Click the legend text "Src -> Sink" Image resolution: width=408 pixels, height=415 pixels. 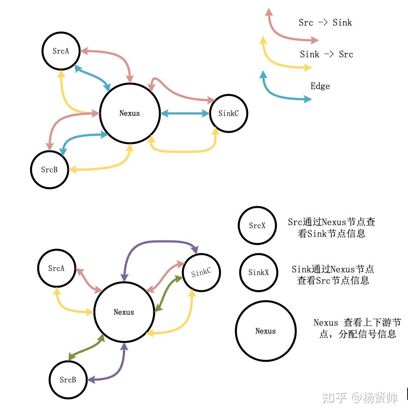(325, 23)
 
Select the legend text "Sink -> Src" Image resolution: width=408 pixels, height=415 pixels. (326, 54)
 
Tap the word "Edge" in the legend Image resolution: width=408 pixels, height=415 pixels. (320, 86)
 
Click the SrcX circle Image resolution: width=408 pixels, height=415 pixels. (257, 226)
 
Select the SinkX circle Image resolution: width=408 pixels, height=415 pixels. (259, 272)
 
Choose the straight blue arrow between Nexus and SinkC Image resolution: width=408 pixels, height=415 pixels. (185, 113)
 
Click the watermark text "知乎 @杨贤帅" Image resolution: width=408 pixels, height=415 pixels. (359, 398)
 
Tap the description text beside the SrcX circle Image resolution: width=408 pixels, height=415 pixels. (331, 228)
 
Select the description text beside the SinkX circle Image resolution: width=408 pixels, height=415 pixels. (333, 275)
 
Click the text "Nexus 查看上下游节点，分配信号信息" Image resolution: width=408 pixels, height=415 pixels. (357, 328)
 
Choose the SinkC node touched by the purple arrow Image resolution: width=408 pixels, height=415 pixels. (201, 273)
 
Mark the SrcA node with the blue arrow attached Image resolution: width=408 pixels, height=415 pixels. (61, 51)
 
